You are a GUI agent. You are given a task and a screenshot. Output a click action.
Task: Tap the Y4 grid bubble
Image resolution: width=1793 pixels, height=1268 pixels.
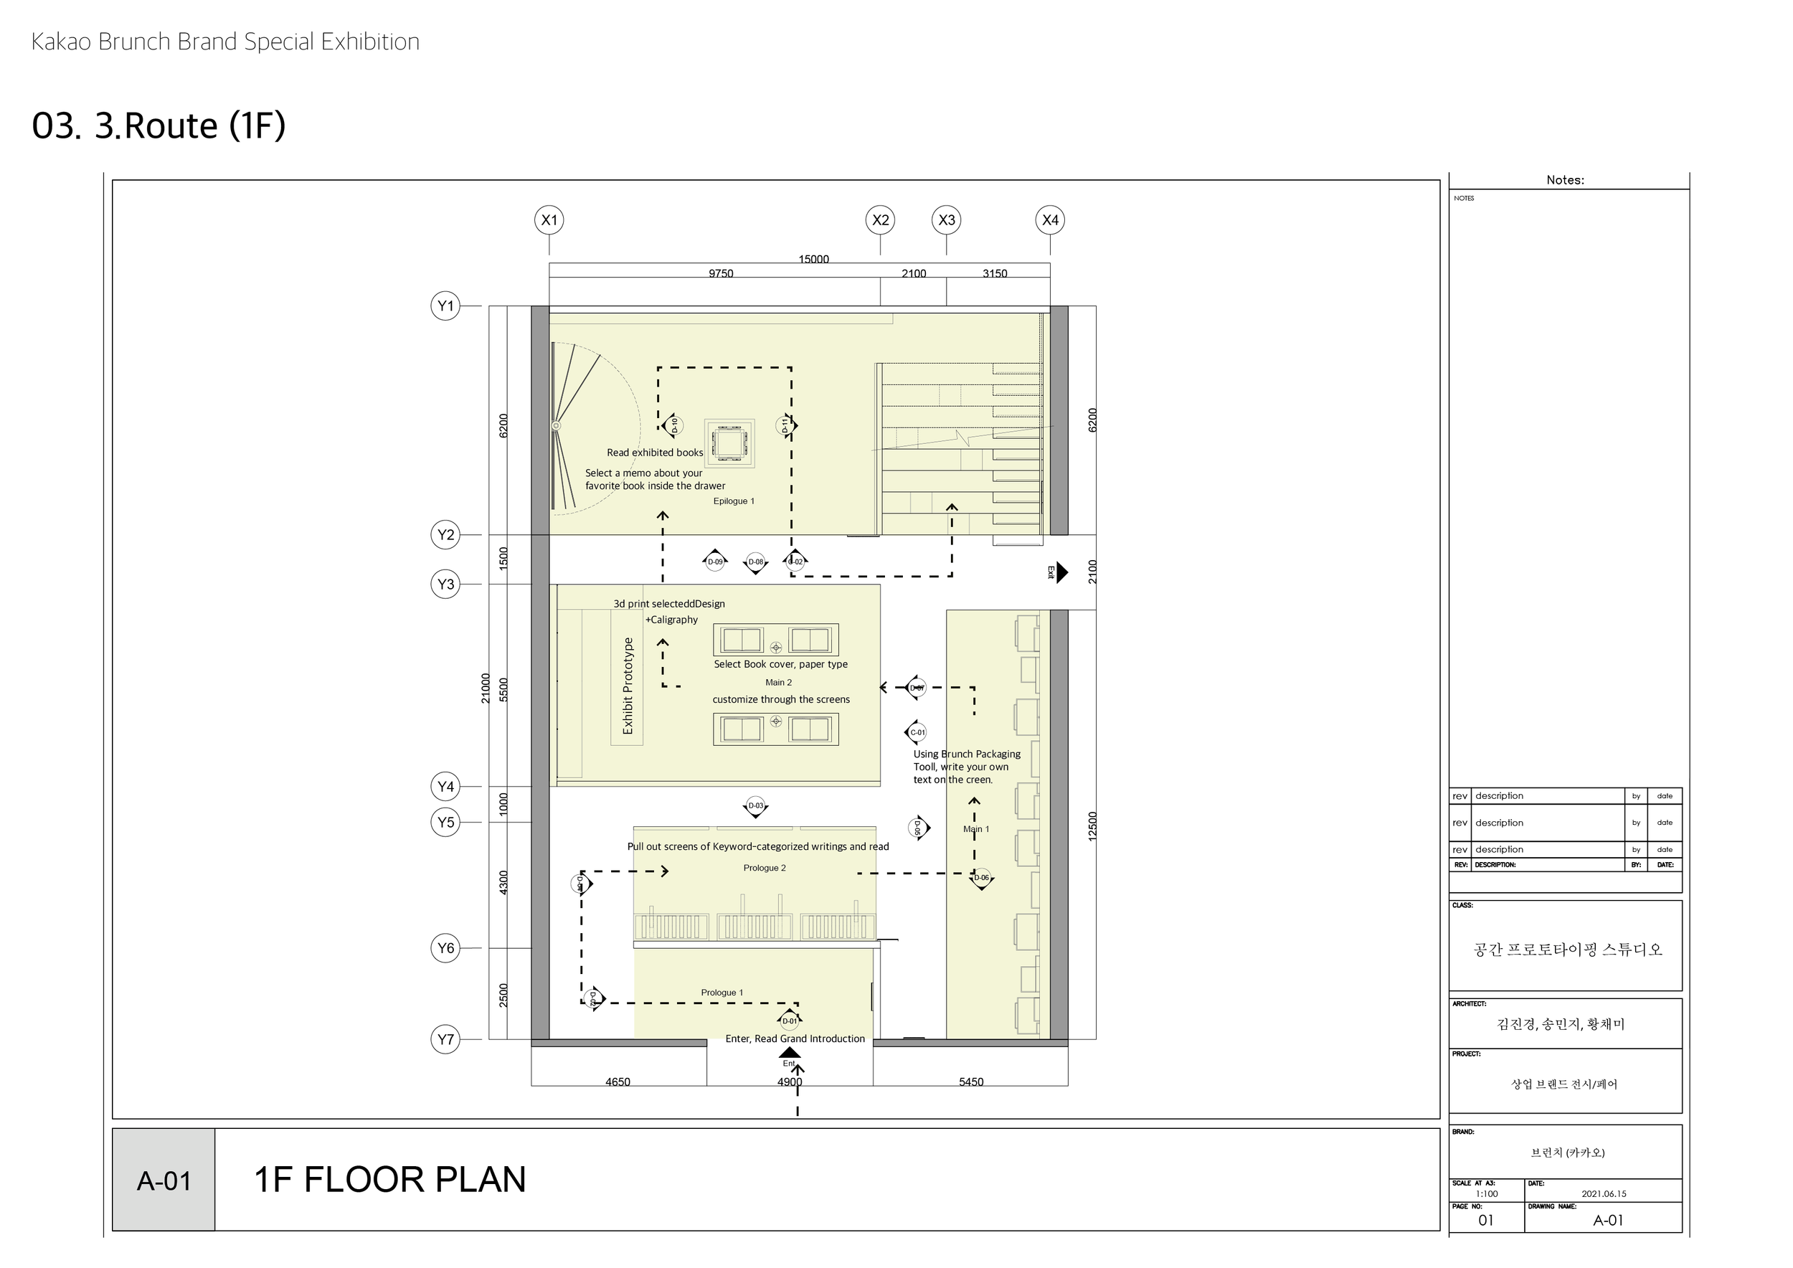tap(445, 786)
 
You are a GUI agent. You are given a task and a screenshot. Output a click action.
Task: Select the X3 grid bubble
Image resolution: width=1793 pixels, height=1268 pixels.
tap(947, 220)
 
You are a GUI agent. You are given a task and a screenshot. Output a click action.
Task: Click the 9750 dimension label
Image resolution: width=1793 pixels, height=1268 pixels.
tap(721, 273)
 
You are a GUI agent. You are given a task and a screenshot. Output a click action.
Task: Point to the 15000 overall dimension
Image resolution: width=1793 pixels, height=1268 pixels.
tap(814, 259)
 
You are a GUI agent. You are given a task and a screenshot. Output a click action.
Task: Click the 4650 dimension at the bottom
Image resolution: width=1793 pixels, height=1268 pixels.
tap(618, 1082)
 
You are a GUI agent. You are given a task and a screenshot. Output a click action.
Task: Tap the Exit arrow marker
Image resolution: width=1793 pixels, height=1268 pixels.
tap(1060, 572)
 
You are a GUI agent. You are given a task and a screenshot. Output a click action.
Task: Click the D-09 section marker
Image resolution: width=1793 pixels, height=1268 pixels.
tap(714, 562)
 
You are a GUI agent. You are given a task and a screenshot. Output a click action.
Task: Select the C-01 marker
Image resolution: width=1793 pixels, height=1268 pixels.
tap(917, 732)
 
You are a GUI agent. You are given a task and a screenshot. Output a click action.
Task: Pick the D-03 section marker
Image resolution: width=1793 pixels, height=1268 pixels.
tap(755, 806)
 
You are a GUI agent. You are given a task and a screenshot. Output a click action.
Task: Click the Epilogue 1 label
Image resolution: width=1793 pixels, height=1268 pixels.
tap(733, 501)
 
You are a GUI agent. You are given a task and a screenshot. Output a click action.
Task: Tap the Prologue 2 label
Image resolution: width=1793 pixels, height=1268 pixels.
tap(765, 868)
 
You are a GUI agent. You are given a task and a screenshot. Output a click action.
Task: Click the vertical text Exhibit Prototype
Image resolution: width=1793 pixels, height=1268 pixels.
tap(627, 686)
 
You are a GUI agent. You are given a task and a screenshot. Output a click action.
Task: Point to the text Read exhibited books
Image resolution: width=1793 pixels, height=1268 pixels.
tap(654, 452)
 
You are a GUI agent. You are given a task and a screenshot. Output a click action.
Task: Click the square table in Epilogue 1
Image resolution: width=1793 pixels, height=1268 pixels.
tap(729, 443)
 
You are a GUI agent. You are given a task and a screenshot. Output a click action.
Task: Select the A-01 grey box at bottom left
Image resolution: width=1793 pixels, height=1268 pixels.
tap(164, 1181)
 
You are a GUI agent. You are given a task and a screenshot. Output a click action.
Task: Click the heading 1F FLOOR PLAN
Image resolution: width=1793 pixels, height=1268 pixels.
tap(390, 1179)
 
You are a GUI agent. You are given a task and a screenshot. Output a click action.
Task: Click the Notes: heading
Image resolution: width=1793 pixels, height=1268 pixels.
tap(1565, 180)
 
